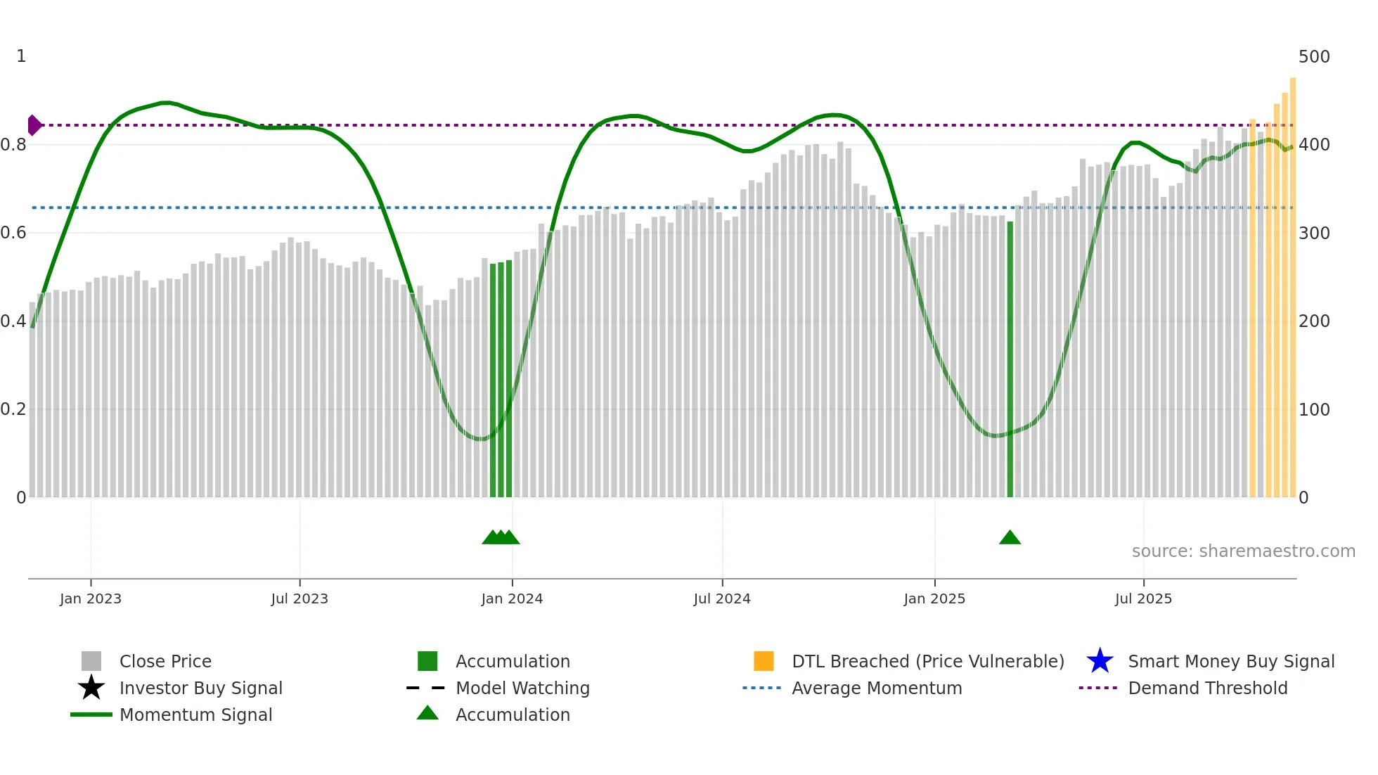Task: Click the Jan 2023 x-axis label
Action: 91,598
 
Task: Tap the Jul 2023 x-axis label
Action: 300,598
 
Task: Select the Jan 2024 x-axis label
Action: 512,598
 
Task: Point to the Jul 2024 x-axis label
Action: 722,598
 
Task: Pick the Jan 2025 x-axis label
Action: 934,598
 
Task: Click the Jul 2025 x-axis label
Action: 1143,598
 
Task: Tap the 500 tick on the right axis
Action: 1314,56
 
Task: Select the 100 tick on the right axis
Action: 1314,409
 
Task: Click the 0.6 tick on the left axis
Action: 13,233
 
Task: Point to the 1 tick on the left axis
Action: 21,56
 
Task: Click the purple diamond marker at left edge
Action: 34,125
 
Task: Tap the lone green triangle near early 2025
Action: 1010,538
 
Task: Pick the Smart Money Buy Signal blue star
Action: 1100,661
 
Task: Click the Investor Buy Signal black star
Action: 91,688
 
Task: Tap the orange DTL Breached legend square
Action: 764,661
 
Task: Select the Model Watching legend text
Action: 522,688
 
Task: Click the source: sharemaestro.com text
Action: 1243,551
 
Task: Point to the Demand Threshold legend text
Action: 1207,688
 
